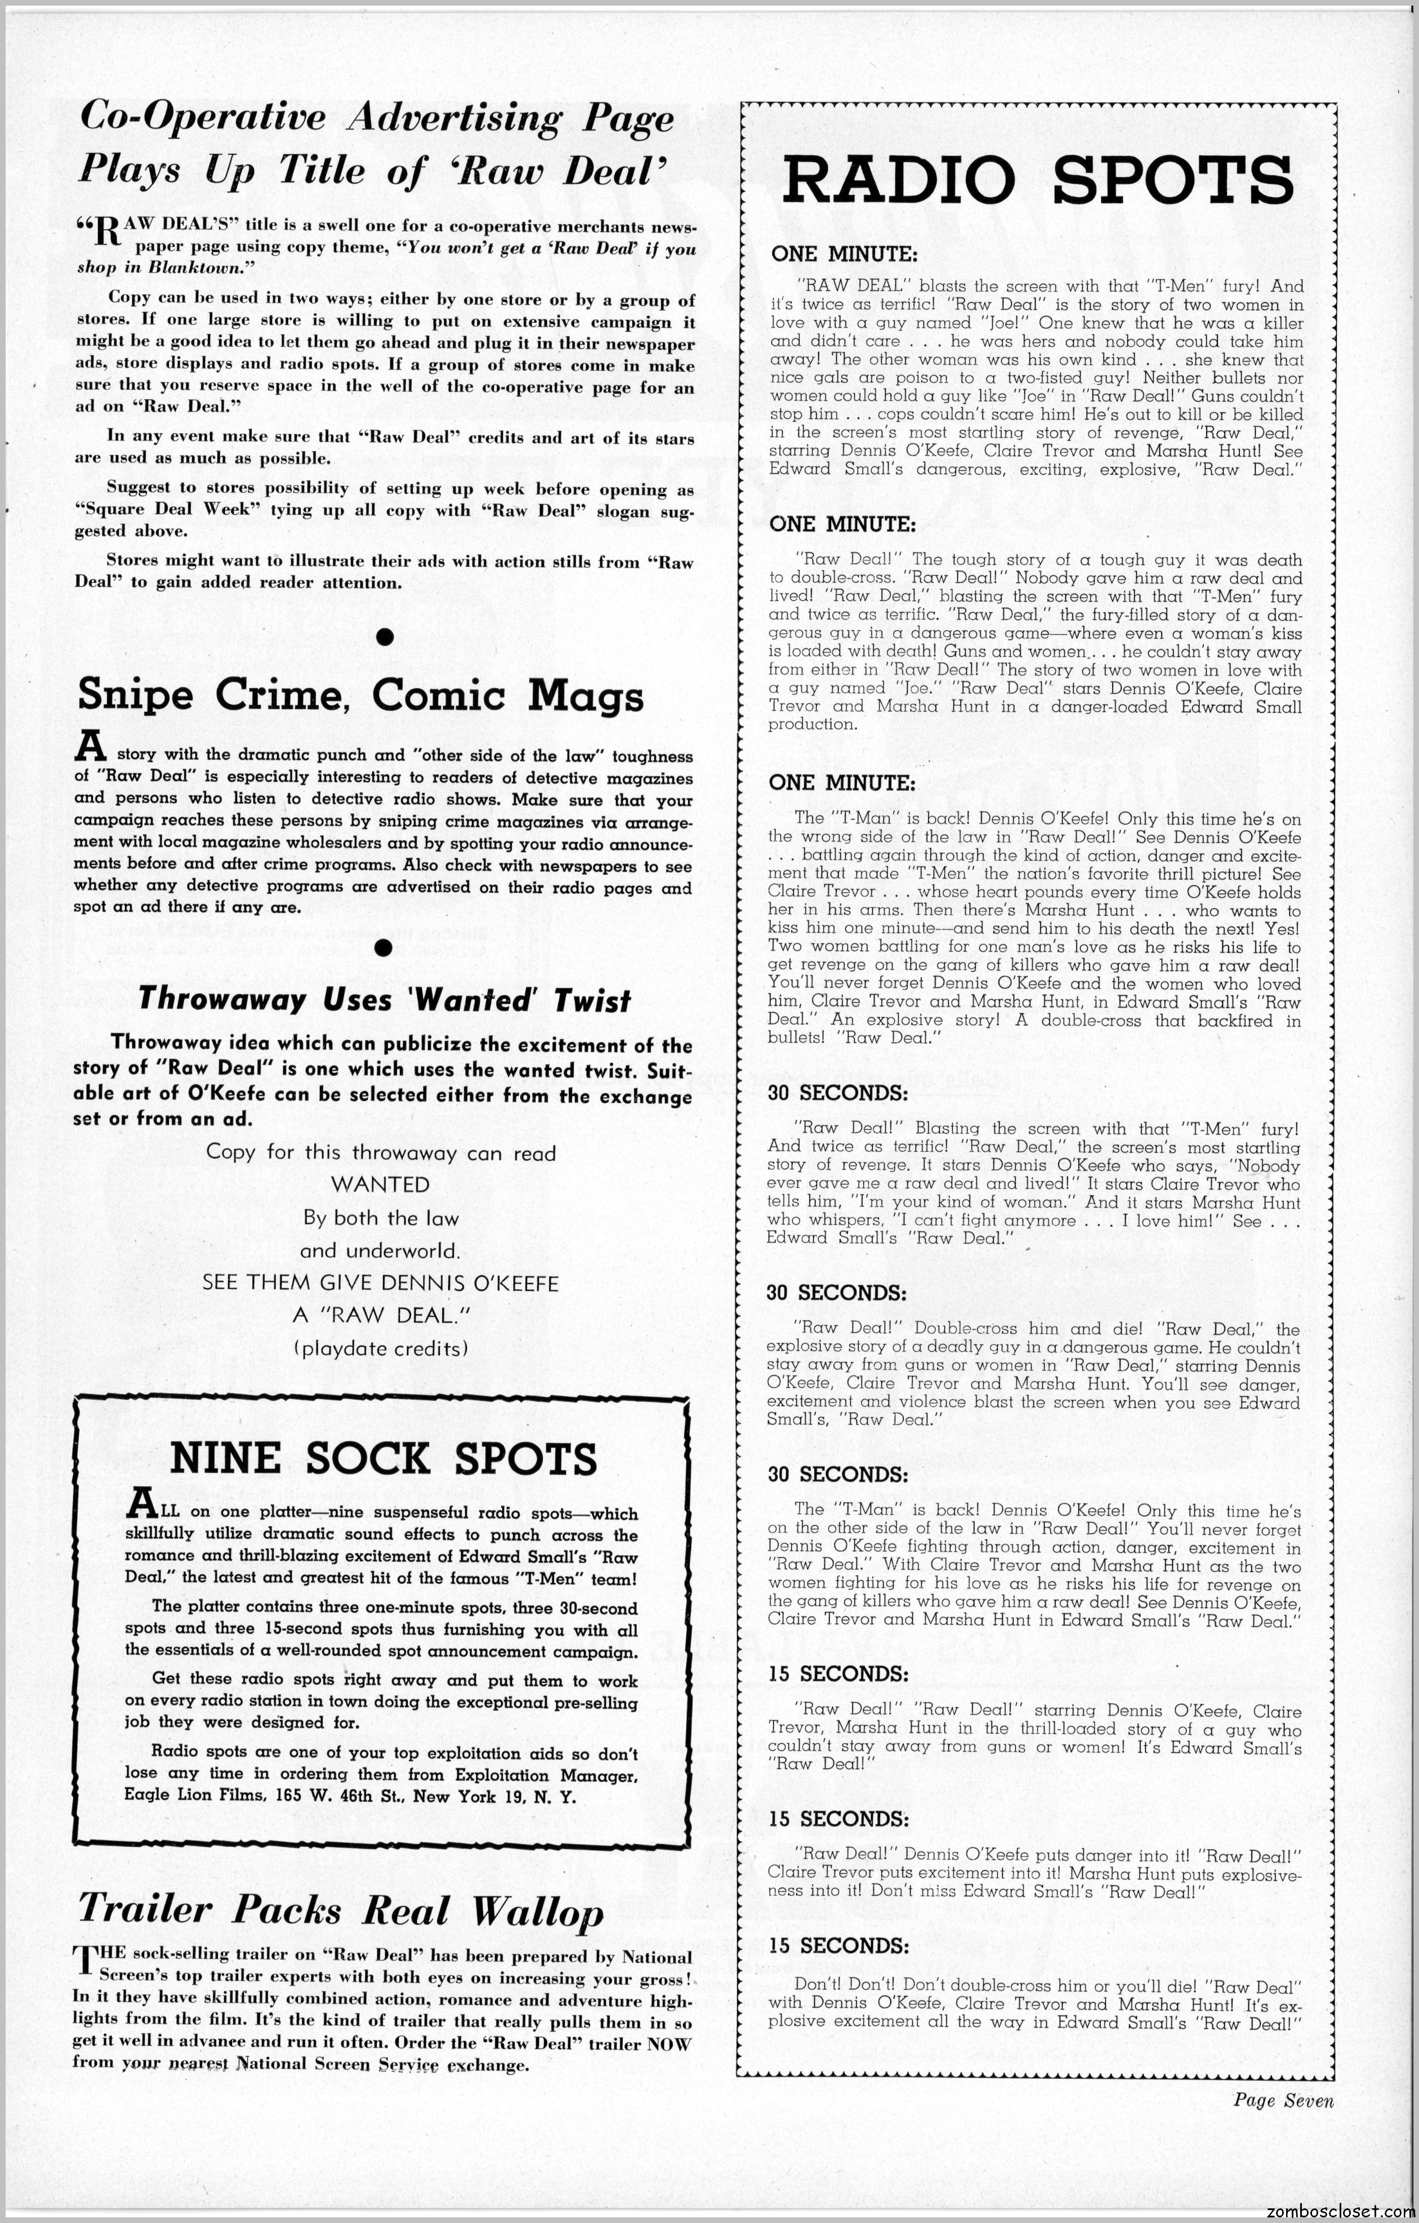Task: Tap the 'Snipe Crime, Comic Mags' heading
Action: pos(360,694)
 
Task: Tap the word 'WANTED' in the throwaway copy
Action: pos(380,1184)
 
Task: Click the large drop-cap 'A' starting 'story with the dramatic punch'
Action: pos(86,746)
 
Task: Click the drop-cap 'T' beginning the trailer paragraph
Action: pos(83,1959)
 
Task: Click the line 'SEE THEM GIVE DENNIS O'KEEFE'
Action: pos(380,1283)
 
